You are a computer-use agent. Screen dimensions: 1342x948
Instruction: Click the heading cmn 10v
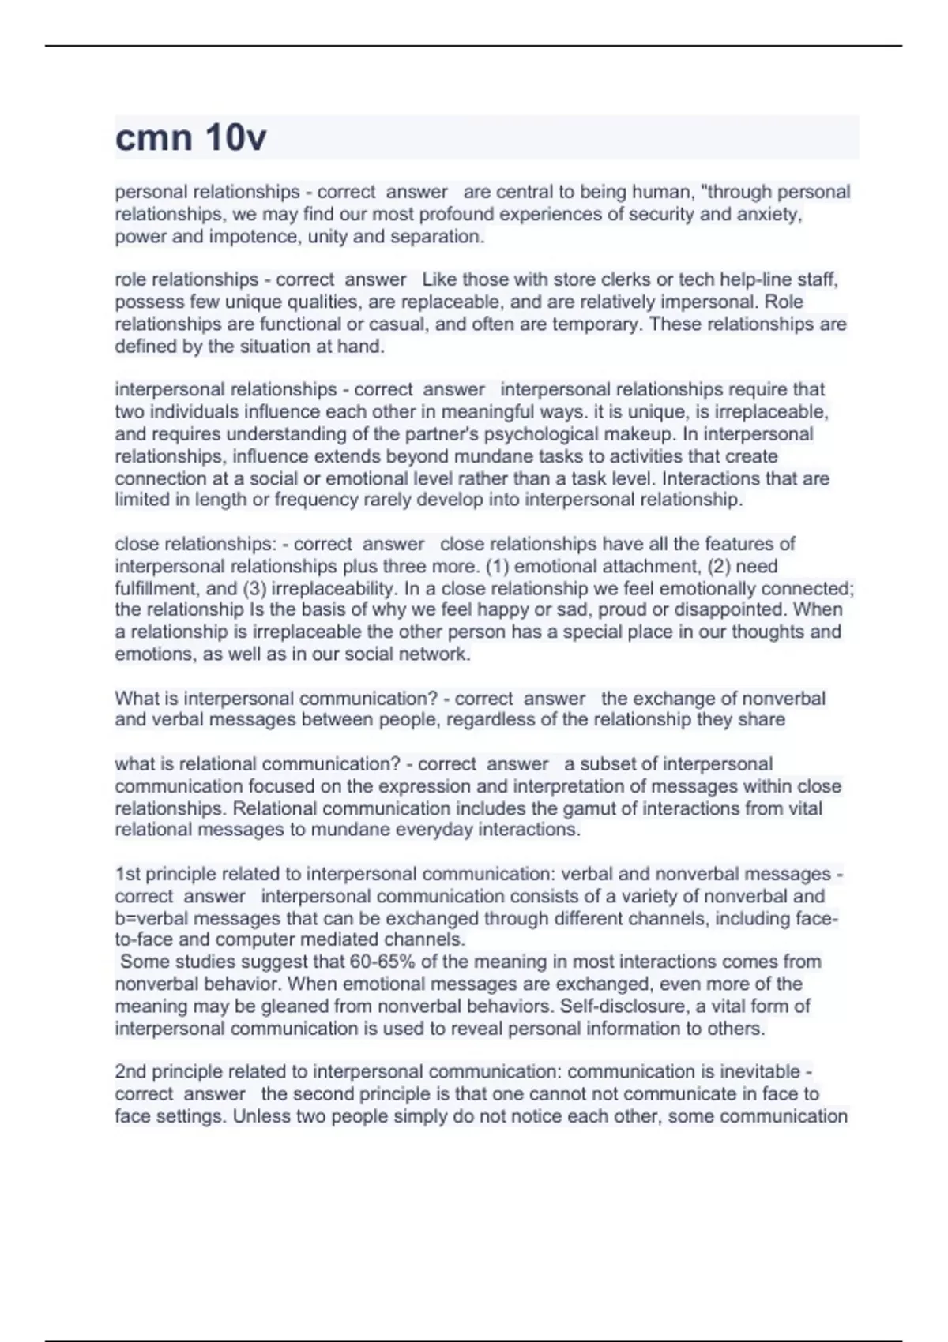pyautogui.click(x=190, y=138)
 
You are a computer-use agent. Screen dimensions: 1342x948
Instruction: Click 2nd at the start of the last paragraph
pyautogui.click(x=130, y=1072)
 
